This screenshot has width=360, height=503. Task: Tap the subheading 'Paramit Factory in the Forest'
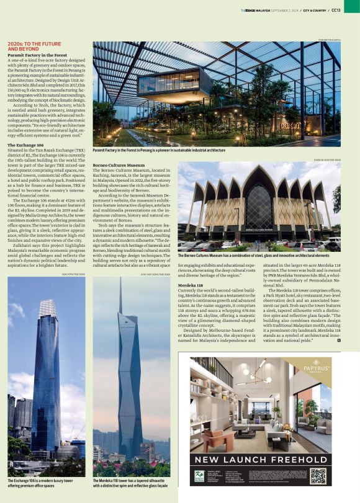37,55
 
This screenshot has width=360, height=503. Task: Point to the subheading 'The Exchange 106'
25,145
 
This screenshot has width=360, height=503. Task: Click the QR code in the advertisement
318,476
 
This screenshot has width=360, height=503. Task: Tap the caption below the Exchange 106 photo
40,483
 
